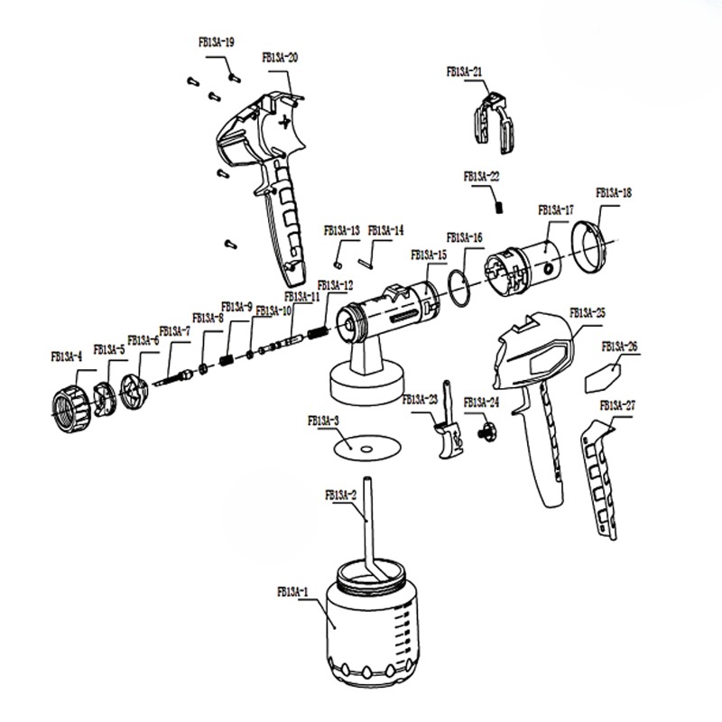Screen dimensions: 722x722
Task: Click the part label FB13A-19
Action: pos(217,42)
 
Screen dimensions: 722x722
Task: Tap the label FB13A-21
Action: pos(464,72)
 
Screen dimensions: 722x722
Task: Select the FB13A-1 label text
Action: pos(292,592)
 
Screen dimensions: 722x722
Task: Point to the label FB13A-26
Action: pos(620,347)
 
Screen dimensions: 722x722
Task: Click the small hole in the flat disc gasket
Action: pos(366,449)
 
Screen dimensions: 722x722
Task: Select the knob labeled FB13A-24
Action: pos(487,431)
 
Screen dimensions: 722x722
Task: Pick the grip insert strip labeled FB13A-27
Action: pos(598,479)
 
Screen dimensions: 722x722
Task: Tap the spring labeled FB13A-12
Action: pos(318,332)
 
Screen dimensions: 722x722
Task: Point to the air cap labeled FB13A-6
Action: pos(134,392)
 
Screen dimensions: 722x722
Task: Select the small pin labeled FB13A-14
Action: pos(366,264)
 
